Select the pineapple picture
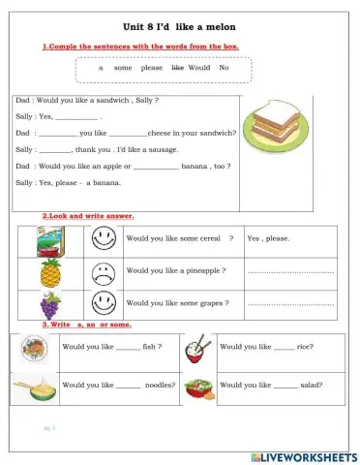point(50,271)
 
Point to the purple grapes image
point(50,304)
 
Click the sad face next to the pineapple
point(103,271)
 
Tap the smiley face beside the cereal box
point(103,238)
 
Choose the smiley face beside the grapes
point(103,303)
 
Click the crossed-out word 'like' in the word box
point(177,68)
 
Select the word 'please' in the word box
point(152,68)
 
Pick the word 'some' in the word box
point(123,68)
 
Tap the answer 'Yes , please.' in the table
point(268,238)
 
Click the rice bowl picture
point(197,347)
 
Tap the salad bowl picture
point(197,386)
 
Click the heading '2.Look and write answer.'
point(87,215)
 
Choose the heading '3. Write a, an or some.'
point(86,324)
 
